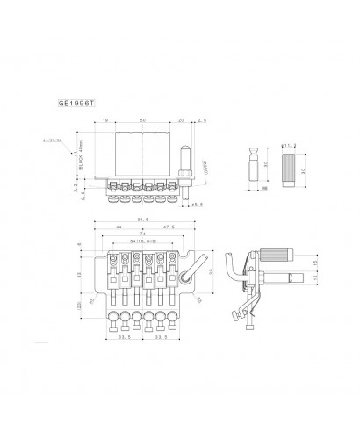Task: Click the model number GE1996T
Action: (78, 103)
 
